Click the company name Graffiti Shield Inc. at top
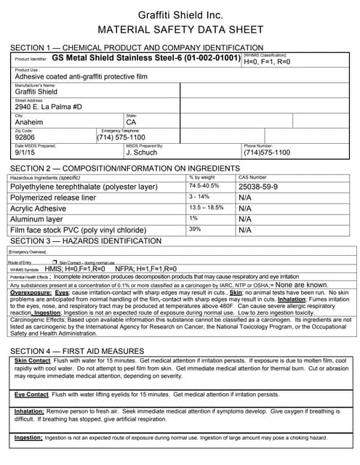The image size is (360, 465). click(180, 15)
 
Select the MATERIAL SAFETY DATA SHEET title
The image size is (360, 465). click(180, 31)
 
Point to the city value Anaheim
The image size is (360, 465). click(29, 122)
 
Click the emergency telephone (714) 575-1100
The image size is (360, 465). click(121, 137)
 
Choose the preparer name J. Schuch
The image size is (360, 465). click(141, 153)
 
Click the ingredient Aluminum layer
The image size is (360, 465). click(36, 219)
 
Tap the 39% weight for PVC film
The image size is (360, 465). click(195, 229)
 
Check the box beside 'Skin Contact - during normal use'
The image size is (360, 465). click(55, 261)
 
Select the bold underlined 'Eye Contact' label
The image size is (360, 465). click(31, 394)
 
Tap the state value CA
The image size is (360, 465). click(131, 122)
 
